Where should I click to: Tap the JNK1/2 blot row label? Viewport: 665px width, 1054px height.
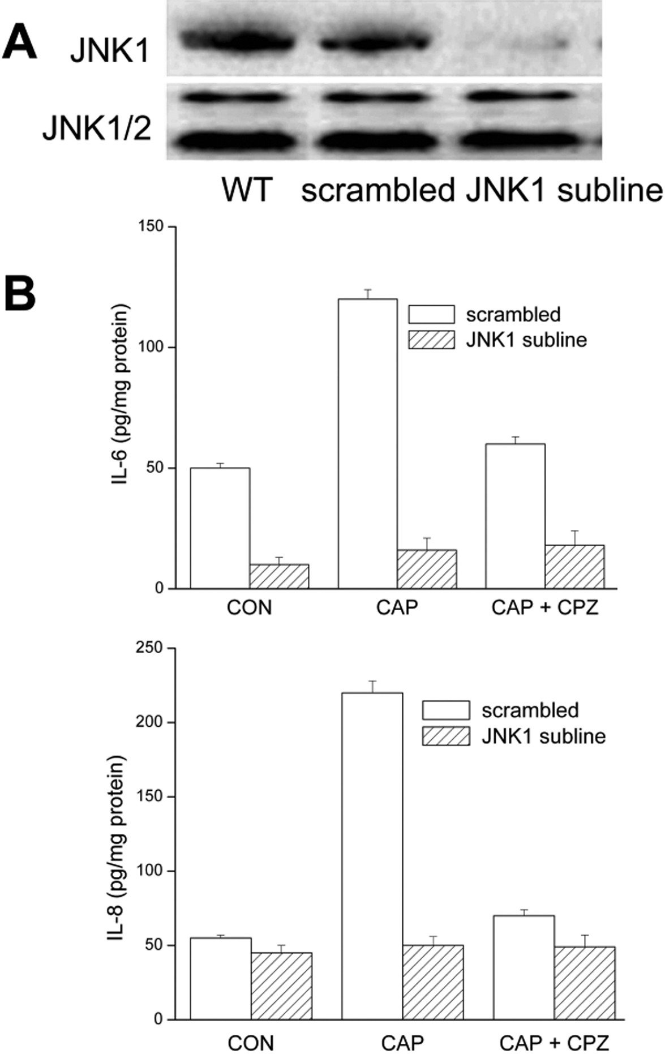pos(97,130)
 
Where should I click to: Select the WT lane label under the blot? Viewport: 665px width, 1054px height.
pos(247,190)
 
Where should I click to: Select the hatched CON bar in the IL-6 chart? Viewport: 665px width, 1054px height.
pos(279,576)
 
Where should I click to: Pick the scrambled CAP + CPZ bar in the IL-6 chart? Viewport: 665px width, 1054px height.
pos(516,516)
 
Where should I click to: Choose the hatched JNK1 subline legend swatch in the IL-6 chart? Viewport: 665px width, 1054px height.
pos(431,340)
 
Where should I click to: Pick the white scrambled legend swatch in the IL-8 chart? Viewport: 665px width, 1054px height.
pos(445,710)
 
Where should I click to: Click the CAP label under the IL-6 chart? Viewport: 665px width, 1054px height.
pos(397,608)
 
